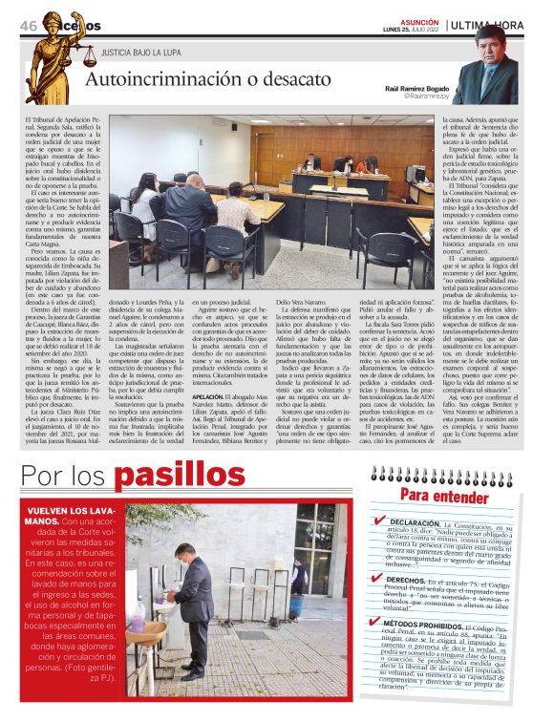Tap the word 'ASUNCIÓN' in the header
[x=420, y=19]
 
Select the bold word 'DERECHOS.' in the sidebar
[x=405, y=580]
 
